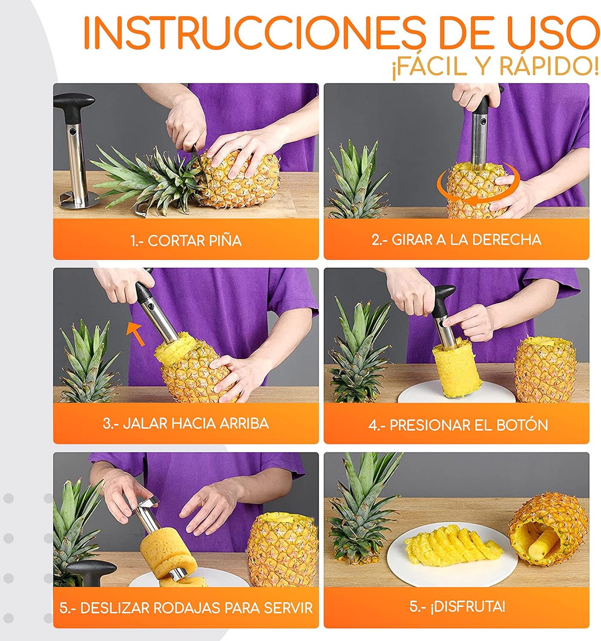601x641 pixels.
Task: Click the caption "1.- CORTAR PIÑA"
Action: point(186,241)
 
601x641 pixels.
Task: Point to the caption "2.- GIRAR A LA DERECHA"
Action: point(456,240)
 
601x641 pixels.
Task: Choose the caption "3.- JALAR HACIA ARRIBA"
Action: point(185,423)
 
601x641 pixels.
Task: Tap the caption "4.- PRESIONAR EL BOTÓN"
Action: point(458,425)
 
